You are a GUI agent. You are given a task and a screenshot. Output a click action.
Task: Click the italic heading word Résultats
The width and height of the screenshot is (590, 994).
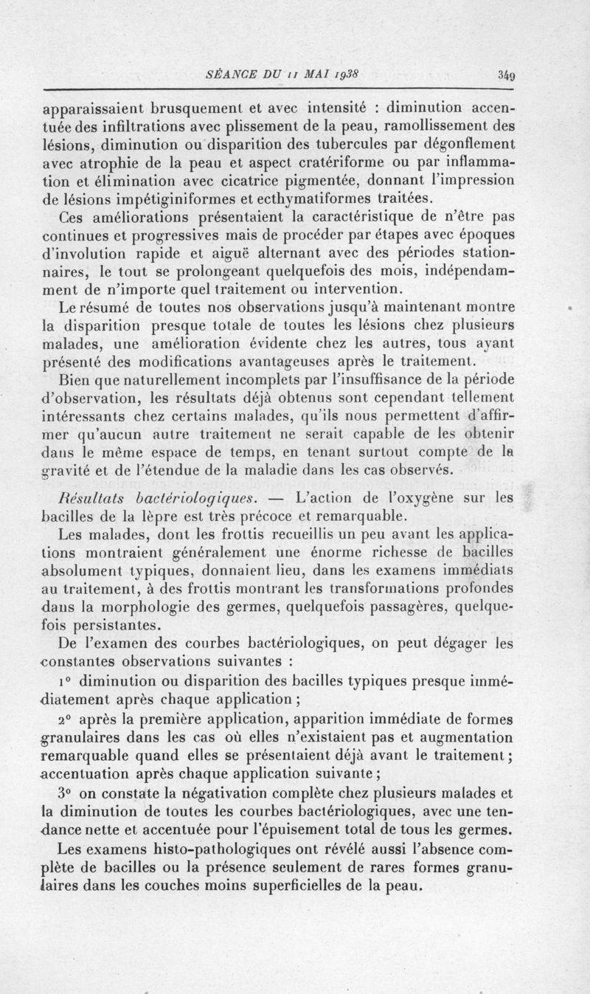click(x=101, y=496)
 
